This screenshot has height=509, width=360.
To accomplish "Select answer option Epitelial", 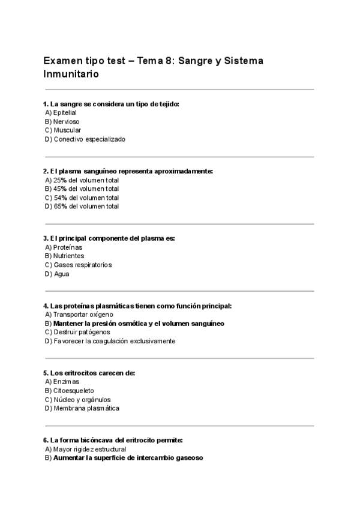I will [65, 113].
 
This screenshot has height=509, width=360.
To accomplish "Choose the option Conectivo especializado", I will [89, 139].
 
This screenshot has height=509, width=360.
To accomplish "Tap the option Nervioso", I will [66, 121].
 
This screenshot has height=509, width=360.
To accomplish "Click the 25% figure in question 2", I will [59, 180].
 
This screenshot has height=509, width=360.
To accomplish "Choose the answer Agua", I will [61, 274].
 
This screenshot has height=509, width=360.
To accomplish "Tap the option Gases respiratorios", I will [82, 265].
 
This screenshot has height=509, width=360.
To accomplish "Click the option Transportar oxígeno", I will [83, 315].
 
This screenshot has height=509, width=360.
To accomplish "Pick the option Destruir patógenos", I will [82, 332].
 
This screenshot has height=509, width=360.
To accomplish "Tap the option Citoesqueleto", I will [73, 391].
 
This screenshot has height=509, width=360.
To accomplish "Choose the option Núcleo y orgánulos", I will [82, 400].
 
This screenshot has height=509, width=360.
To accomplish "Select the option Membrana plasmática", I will [86, 409].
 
